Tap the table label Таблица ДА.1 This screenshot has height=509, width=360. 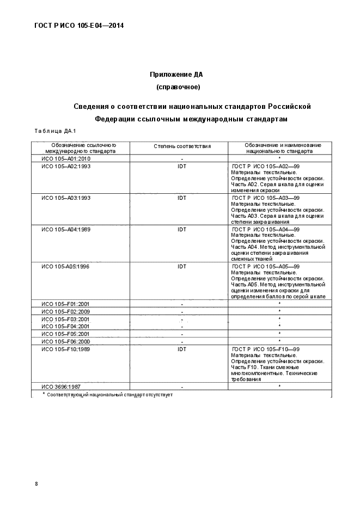(55, 131)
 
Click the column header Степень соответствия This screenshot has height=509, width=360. (182, 146)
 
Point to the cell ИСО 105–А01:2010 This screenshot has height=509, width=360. (65, 158)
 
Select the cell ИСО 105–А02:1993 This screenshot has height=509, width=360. (65, 166)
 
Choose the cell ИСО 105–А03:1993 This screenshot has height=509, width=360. (65, 198)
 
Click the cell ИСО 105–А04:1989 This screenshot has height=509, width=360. (65, 229)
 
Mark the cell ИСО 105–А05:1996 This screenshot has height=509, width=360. (65, 267)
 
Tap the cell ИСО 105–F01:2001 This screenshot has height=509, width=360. (65, 303)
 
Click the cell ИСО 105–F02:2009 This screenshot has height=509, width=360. (65, 311)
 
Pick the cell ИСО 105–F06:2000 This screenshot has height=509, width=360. (65, 341)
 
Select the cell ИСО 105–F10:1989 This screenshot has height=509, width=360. (65, 349)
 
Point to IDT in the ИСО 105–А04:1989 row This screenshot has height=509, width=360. (182, 229)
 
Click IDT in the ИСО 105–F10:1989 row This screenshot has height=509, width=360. (182, 349)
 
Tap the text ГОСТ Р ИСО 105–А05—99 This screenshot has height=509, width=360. (266, 267)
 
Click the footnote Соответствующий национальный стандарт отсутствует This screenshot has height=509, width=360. (109, 394)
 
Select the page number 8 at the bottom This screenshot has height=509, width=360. (36, 484)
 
